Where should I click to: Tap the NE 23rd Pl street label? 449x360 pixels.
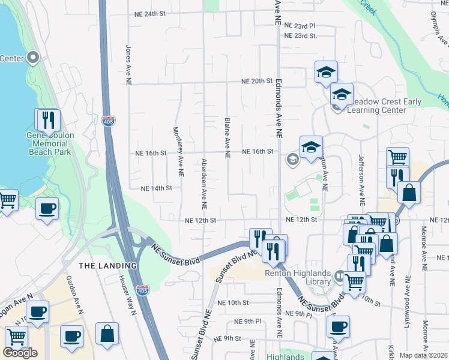300,26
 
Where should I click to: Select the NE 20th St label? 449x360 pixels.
257,81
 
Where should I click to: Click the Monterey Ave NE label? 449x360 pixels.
177,151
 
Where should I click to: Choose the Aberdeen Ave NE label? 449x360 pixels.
204,184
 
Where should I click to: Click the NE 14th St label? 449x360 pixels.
156,188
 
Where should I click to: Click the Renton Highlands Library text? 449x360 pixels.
298,274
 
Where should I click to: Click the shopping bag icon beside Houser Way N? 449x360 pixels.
107,334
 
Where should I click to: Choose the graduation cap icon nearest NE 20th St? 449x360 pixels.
325,73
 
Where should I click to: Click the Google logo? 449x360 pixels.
20,353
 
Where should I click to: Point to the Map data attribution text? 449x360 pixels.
424,355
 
